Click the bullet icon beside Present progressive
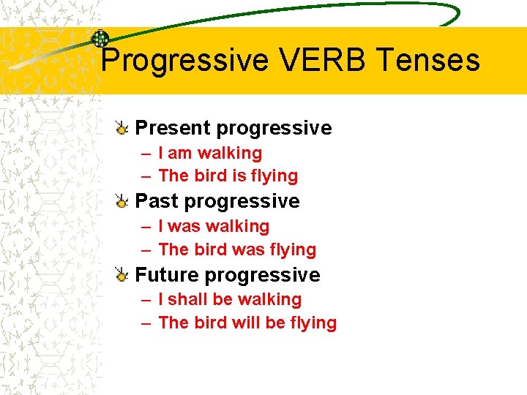(x=123, y=129)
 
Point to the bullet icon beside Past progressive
(x=123, y=201)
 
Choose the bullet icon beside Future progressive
(x=123, y=275)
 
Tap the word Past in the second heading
(x=157, y=200)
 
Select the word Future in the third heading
(x=168, y=275)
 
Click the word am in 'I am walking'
(x=180, y=154)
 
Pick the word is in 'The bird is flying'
(x=239, y=176)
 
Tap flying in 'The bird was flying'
(x=291, y=250)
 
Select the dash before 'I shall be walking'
(x=146, y=300)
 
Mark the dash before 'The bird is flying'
(x=146, y=176)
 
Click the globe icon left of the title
(x=100, y=39)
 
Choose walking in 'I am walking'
(x=230, y=154)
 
